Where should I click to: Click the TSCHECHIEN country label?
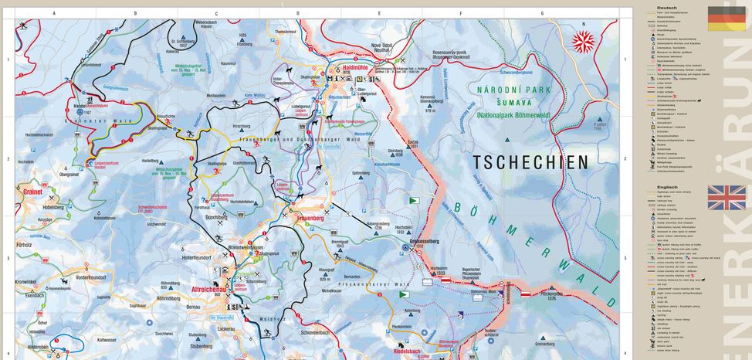[x=530, y=161]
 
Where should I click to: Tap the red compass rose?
[x=584, y=42]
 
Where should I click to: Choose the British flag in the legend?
[x=727, y=198]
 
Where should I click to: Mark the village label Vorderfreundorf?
[x=90, y=277]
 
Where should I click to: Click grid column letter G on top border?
[x=541, y=13]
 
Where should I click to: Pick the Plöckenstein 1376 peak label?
[x=549, y=295]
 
